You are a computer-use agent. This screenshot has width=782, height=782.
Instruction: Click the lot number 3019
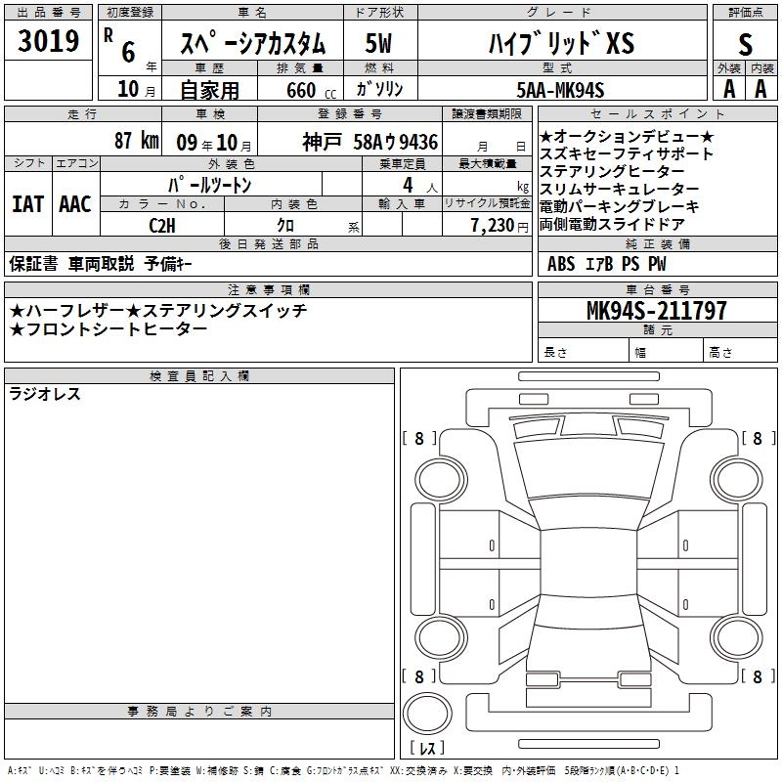48,41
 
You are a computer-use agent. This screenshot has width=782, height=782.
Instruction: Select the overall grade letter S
745,45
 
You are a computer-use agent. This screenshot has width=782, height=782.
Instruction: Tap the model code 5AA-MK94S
560,90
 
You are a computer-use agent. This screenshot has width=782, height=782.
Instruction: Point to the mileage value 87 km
136,141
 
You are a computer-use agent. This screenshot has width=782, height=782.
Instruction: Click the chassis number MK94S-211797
656,311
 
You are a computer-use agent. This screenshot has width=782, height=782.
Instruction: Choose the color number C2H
162,226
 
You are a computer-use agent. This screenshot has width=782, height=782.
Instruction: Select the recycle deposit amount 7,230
493,226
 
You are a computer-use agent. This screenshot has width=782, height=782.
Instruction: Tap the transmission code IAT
28,204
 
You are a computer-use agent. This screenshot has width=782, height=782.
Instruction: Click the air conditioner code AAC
75,204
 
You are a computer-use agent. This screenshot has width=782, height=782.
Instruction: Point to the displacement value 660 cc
311,91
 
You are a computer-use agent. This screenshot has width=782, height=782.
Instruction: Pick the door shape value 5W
378,43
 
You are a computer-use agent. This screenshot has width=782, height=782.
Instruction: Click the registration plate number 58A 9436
396,142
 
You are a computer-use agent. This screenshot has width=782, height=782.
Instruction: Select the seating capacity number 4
408,186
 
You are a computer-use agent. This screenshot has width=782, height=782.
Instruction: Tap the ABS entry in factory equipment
561,264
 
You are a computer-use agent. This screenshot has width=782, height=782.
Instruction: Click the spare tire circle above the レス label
427,714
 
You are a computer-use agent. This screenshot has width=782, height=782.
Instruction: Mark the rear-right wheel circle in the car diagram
737,637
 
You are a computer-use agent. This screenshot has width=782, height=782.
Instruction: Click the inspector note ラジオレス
45,394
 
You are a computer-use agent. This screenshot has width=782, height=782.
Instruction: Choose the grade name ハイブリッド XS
561,43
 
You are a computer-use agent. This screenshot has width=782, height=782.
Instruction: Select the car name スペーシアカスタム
252,43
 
